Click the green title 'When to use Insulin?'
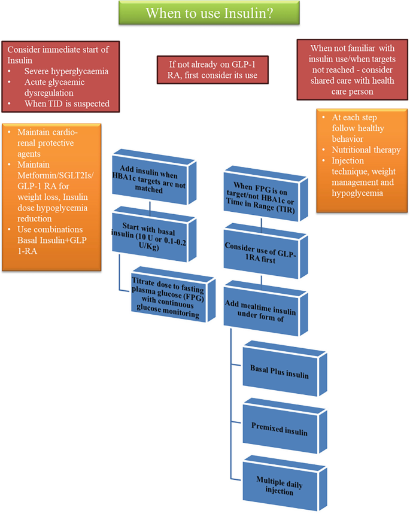point(204,13)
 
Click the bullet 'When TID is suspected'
point(66,104)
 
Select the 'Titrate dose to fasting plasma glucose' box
point(170,294)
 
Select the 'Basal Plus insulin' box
point(279,375)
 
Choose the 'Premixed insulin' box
point(279,431)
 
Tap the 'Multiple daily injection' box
point(279,486)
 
